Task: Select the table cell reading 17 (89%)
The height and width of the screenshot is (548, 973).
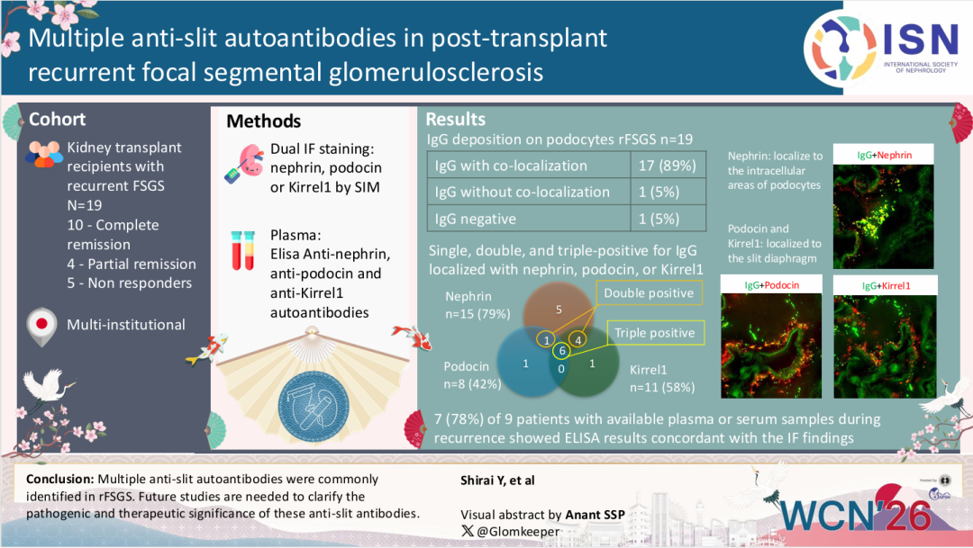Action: tap(668, 166)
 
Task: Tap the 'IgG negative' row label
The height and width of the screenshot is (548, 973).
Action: tap(476, 219)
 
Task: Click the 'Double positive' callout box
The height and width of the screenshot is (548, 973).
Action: tap(648, 293)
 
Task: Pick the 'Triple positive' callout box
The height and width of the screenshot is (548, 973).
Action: tap(654, 333)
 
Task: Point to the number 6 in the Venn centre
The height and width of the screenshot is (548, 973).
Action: tap(562, 351)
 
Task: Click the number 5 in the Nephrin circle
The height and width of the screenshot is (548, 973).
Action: tap(559, 310)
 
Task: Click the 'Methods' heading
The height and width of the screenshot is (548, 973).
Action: tap(263, 121)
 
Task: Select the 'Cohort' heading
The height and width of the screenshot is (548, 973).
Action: tap(58, 120)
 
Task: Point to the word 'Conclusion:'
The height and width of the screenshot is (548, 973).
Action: tap(60, 479)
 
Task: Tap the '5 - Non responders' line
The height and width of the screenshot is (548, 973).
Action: tap(130, 283)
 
